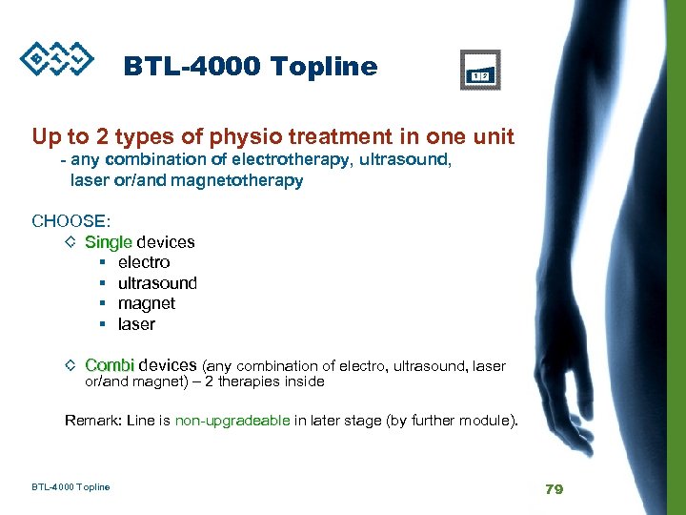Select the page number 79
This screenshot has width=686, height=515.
pos(554,488)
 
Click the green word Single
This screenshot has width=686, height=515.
pos(109,242)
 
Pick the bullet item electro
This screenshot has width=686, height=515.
pos(144,262)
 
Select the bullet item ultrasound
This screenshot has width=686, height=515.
pos(157,283)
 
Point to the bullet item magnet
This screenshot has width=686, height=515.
pos(146,303)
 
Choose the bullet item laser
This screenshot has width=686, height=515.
pos(136,324)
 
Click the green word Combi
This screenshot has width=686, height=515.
pos(110,365)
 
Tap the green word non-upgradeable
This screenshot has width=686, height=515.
pos(232,420)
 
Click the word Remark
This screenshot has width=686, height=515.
pos(92,420)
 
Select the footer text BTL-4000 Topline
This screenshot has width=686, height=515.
pos(71,487)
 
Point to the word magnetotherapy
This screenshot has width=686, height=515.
pos(237,180)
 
